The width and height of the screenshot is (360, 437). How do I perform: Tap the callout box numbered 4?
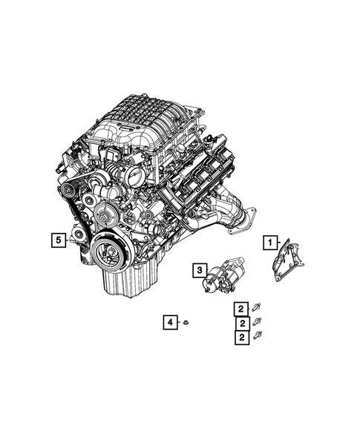170,321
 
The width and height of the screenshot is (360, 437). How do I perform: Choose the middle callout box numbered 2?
241,323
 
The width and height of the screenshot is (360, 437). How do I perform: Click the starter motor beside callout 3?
223,275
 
